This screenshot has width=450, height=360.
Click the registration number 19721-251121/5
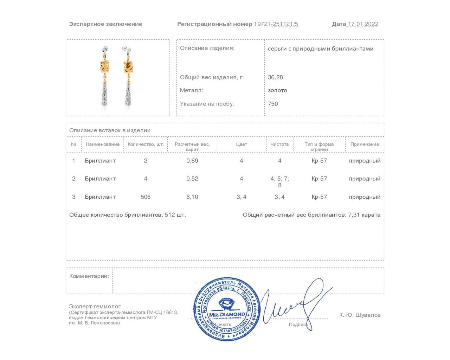276,24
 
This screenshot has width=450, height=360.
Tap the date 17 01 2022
363,24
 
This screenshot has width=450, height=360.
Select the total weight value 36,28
275,77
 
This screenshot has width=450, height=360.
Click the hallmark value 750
273,104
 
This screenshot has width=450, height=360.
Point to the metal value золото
277,90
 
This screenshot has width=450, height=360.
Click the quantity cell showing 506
146,197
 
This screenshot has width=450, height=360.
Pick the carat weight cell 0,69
192,161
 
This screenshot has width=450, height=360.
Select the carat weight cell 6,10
192,197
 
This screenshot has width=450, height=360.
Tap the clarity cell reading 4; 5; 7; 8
279,182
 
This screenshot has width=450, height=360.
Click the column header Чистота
279,144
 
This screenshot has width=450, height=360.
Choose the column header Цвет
242,144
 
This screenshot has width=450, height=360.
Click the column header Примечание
365,144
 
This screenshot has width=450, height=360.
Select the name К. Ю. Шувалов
360,315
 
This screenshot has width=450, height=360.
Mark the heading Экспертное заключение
105,24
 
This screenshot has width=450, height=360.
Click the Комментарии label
89,276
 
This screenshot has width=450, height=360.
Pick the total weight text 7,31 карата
364,215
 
